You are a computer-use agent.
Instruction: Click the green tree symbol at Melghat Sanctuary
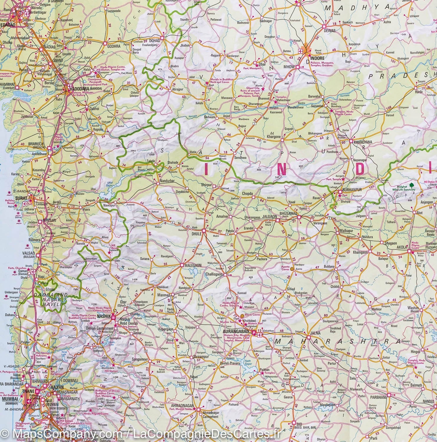[x=412, y=185]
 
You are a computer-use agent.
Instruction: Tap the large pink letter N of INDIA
[x=281, y=169]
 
